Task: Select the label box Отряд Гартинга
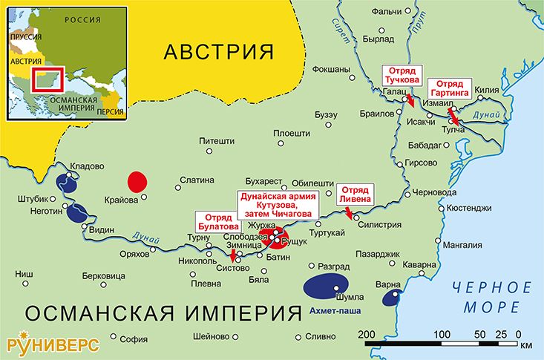pyautogui.click(x=453, y=87)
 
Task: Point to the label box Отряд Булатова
pyautogui.click(x=217, y=222)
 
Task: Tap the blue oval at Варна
pyautogui.click(x=390, y=298)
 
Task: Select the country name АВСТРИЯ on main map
pyautogui.click(x=218, y=53)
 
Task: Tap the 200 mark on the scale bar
pyautogui.click(x=365, y=333)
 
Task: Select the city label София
pyautogui.click(x=134, y=340)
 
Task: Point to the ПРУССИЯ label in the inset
pyautogui.click(x=25, y=36)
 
